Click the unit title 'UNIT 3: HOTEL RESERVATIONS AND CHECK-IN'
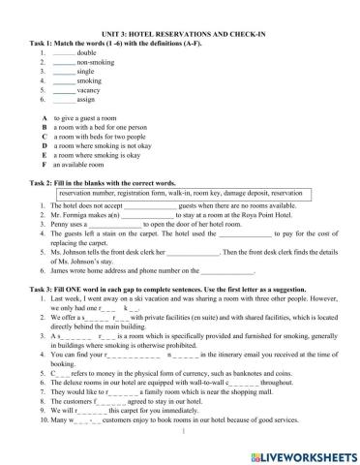[x=181, y=8]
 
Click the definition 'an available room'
[x=86, y=155]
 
